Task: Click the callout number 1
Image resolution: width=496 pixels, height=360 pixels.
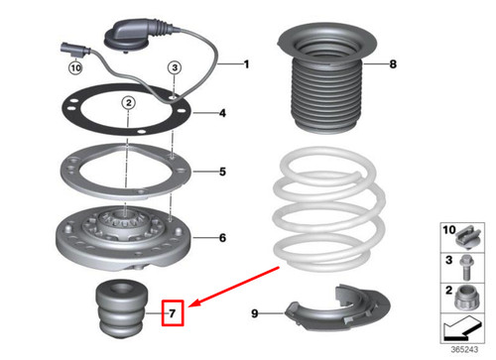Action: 247,64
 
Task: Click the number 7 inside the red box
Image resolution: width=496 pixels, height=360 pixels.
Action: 172,315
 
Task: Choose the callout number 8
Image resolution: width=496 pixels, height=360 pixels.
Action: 392,64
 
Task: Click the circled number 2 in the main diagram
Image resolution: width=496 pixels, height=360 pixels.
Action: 129,102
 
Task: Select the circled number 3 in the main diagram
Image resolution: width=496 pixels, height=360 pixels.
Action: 174,67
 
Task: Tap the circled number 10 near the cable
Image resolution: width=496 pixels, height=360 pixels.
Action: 75,68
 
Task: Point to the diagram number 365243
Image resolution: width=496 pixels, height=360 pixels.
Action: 470,351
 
